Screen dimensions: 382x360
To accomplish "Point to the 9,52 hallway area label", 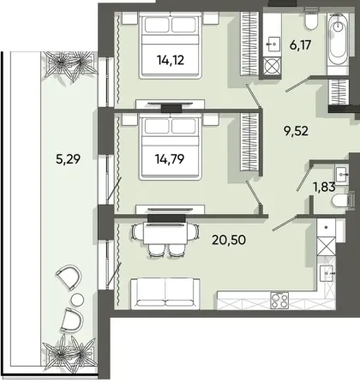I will (296, 133).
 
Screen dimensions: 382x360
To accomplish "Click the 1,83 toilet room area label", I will (321, 182).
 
